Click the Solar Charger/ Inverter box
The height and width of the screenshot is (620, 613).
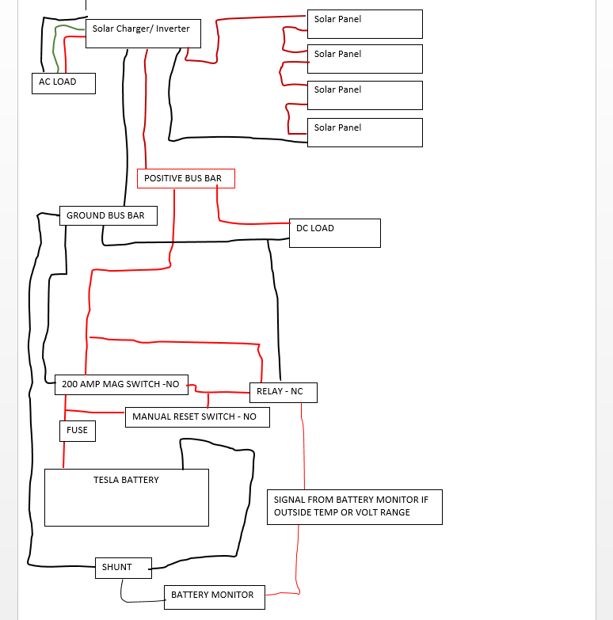[143, 33]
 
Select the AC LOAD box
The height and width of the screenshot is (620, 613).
[63, 83]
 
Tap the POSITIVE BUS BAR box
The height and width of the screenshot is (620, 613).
[186, 178]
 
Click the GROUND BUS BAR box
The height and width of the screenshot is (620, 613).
[109, 215]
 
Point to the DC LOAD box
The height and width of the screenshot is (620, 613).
[335, 233]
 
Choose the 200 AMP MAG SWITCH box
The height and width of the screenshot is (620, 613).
[121, 385]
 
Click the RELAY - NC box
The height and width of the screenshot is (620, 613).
[284, 393]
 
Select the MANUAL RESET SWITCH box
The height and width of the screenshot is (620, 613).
[197, 417]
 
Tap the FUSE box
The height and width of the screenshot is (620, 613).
[78, 431]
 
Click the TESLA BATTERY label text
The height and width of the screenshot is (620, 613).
[126, 480]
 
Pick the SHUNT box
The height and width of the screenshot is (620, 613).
[124, 568]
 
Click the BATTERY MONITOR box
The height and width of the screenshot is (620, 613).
[215, 597]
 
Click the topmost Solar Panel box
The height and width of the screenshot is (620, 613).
[365, 24]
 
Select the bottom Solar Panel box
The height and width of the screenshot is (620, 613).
[365, 132]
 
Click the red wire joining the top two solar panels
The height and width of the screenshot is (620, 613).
[284, 40]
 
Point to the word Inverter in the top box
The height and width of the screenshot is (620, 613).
[173, 29]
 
